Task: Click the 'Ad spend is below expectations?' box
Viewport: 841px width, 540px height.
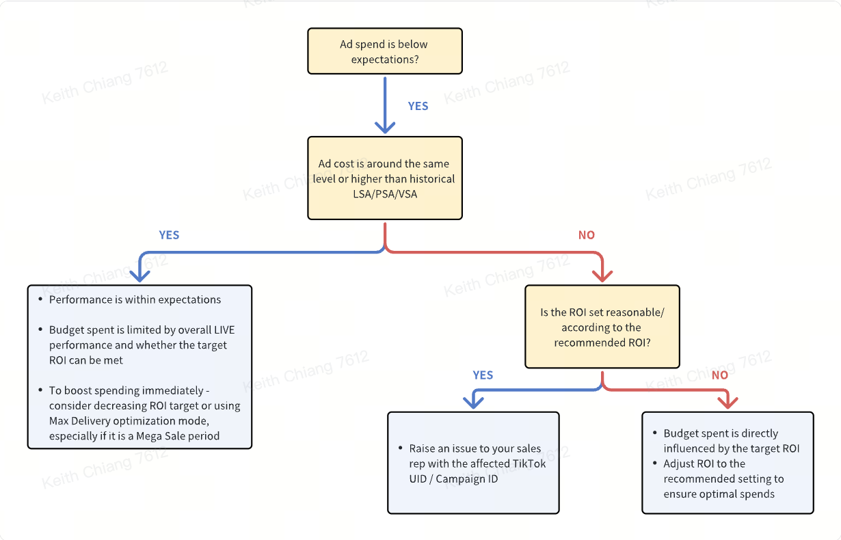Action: pyautogui.click(x=385, y=51)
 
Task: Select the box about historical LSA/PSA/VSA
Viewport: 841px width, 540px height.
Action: pyautogui.click(x=385, y=178)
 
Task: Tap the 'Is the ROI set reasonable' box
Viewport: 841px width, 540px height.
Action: pyautogui.click(x=602, y=327)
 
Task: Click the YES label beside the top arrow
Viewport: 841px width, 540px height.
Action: pyautogui.click(x=418, y=106)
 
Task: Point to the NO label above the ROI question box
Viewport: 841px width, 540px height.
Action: pyautogui.click(x=587, y=235)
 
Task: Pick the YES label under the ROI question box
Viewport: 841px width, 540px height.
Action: pyautogui.click(x=483, y=375)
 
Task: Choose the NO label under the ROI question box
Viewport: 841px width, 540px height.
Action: pyautogui.click(x=720, y=375)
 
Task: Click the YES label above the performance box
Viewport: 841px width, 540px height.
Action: pyautogui.click(x=169, y=235)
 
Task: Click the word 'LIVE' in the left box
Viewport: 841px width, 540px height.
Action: pyautogui.click(x=224, y=330)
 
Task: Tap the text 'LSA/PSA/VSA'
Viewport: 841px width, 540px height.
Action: pyautogui.click(x=385, y=194)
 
